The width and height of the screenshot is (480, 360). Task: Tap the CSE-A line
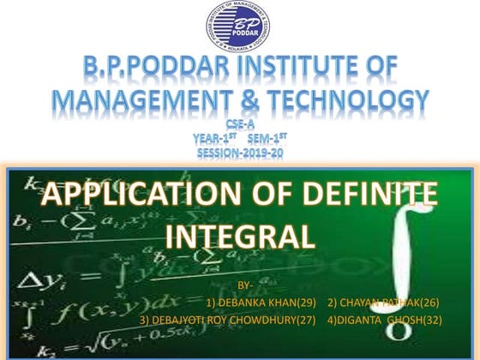[239, 126]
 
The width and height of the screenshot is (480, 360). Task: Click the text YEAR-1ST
[213, 139]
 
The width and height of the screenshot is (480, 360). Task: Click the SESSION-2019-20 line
[239, 153]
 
